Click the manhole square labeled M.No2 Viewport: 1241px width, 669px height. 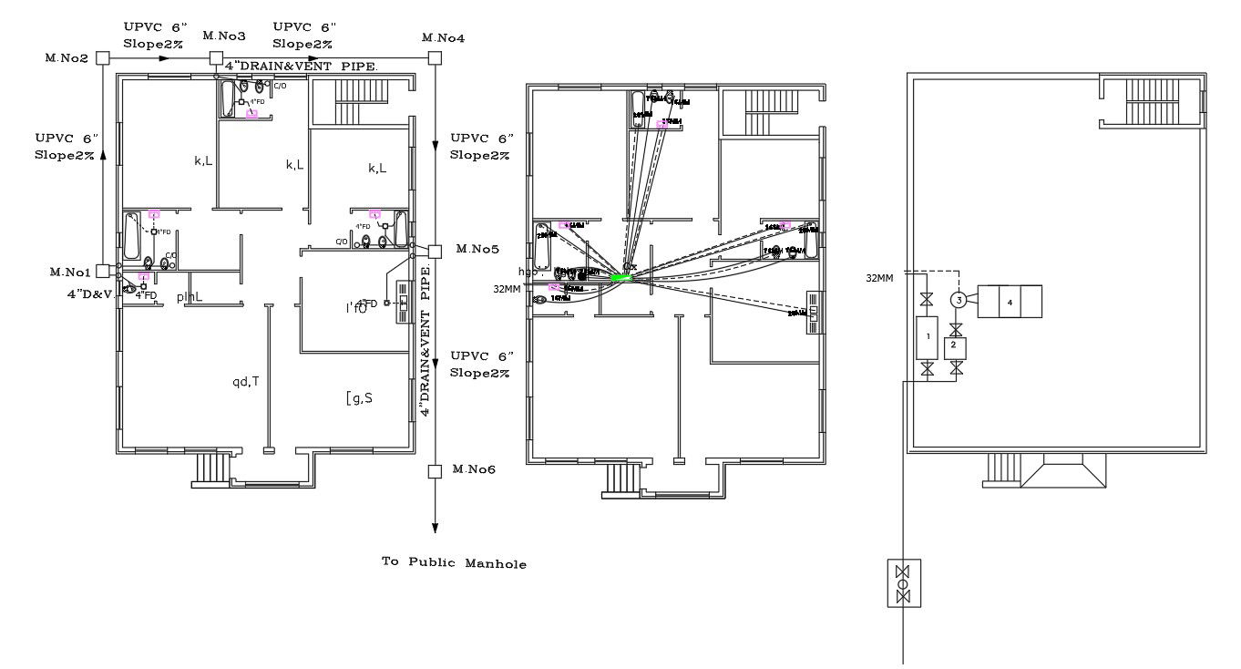click(103, 58)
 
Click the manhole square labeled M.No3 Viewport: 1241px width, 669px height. click(217, 58)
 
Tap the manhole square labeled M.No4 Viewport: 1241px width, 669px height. click(436, 58)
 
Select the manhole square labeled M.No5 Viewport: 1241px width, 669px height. click(435, 251)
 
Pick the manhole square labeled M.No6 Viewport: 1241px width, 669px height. click(435, 471)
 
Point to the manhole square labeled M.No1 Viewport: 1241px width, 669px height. click(103, 271)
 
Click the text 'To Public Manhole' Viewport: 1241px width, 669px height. click(454, 563)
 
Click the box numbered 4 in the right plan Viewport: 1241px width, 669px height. click(1010, 302)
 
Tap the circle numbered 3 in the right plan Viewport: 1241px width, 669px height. click(958, 300)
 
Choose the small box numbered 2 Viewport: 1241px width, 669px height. click(955, 346)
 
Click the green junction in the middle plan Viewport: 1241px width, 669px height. click(621, 276)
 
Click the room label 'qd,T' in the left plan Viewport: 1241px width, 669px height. click(246, 382)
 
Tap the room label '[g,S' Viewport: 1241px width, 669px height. click(359, 396)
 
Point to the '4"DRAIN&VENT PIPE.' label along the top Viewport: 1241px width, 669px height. click(302, 67)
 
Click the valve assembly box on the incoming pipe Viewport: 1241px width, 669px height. click(903, 583)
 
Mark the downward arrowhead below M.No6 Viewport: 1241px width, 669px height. click(436, 528)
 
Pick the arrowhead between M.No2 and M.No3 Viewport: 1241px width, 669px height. click(164, 58)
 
